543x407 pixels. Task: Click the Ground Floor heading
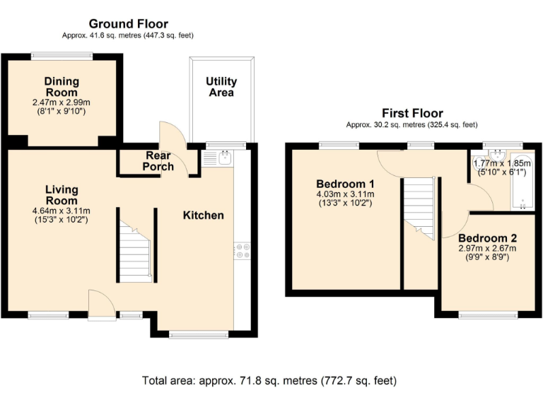click(x=128, y=24)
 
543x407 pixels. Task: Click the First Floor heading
click(x=412, y=113)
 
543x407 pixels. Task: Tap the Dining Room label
click(x=62, y=86)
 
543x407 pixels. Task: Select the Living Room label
click(x=62, y=195)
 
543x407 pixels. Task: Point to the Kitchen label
click(x=204, y=215)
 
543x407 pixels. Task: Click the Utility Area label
click(x=221, y=87)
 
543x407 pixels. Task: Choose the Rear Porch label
click(x=158, y=161)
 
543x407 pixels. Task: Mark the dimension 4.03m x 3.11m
click(x=345, y=195)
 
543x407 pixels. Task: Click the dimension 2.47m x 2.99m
click(x=62, y=102)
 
